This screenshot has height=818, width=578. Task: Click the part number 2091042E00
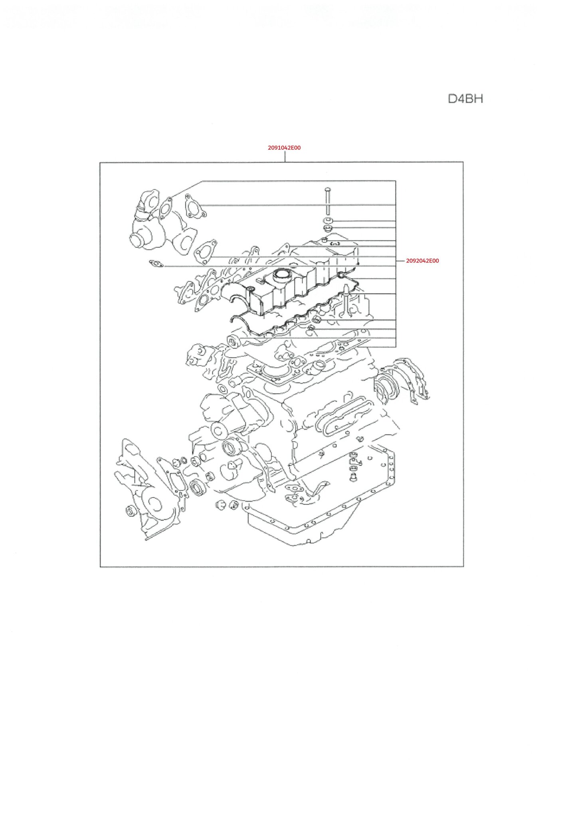[284, 148]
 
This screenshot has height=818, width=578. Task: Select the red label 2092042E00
[422, 261]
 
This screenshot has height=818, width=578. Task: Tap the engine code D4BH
[465, 99]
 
